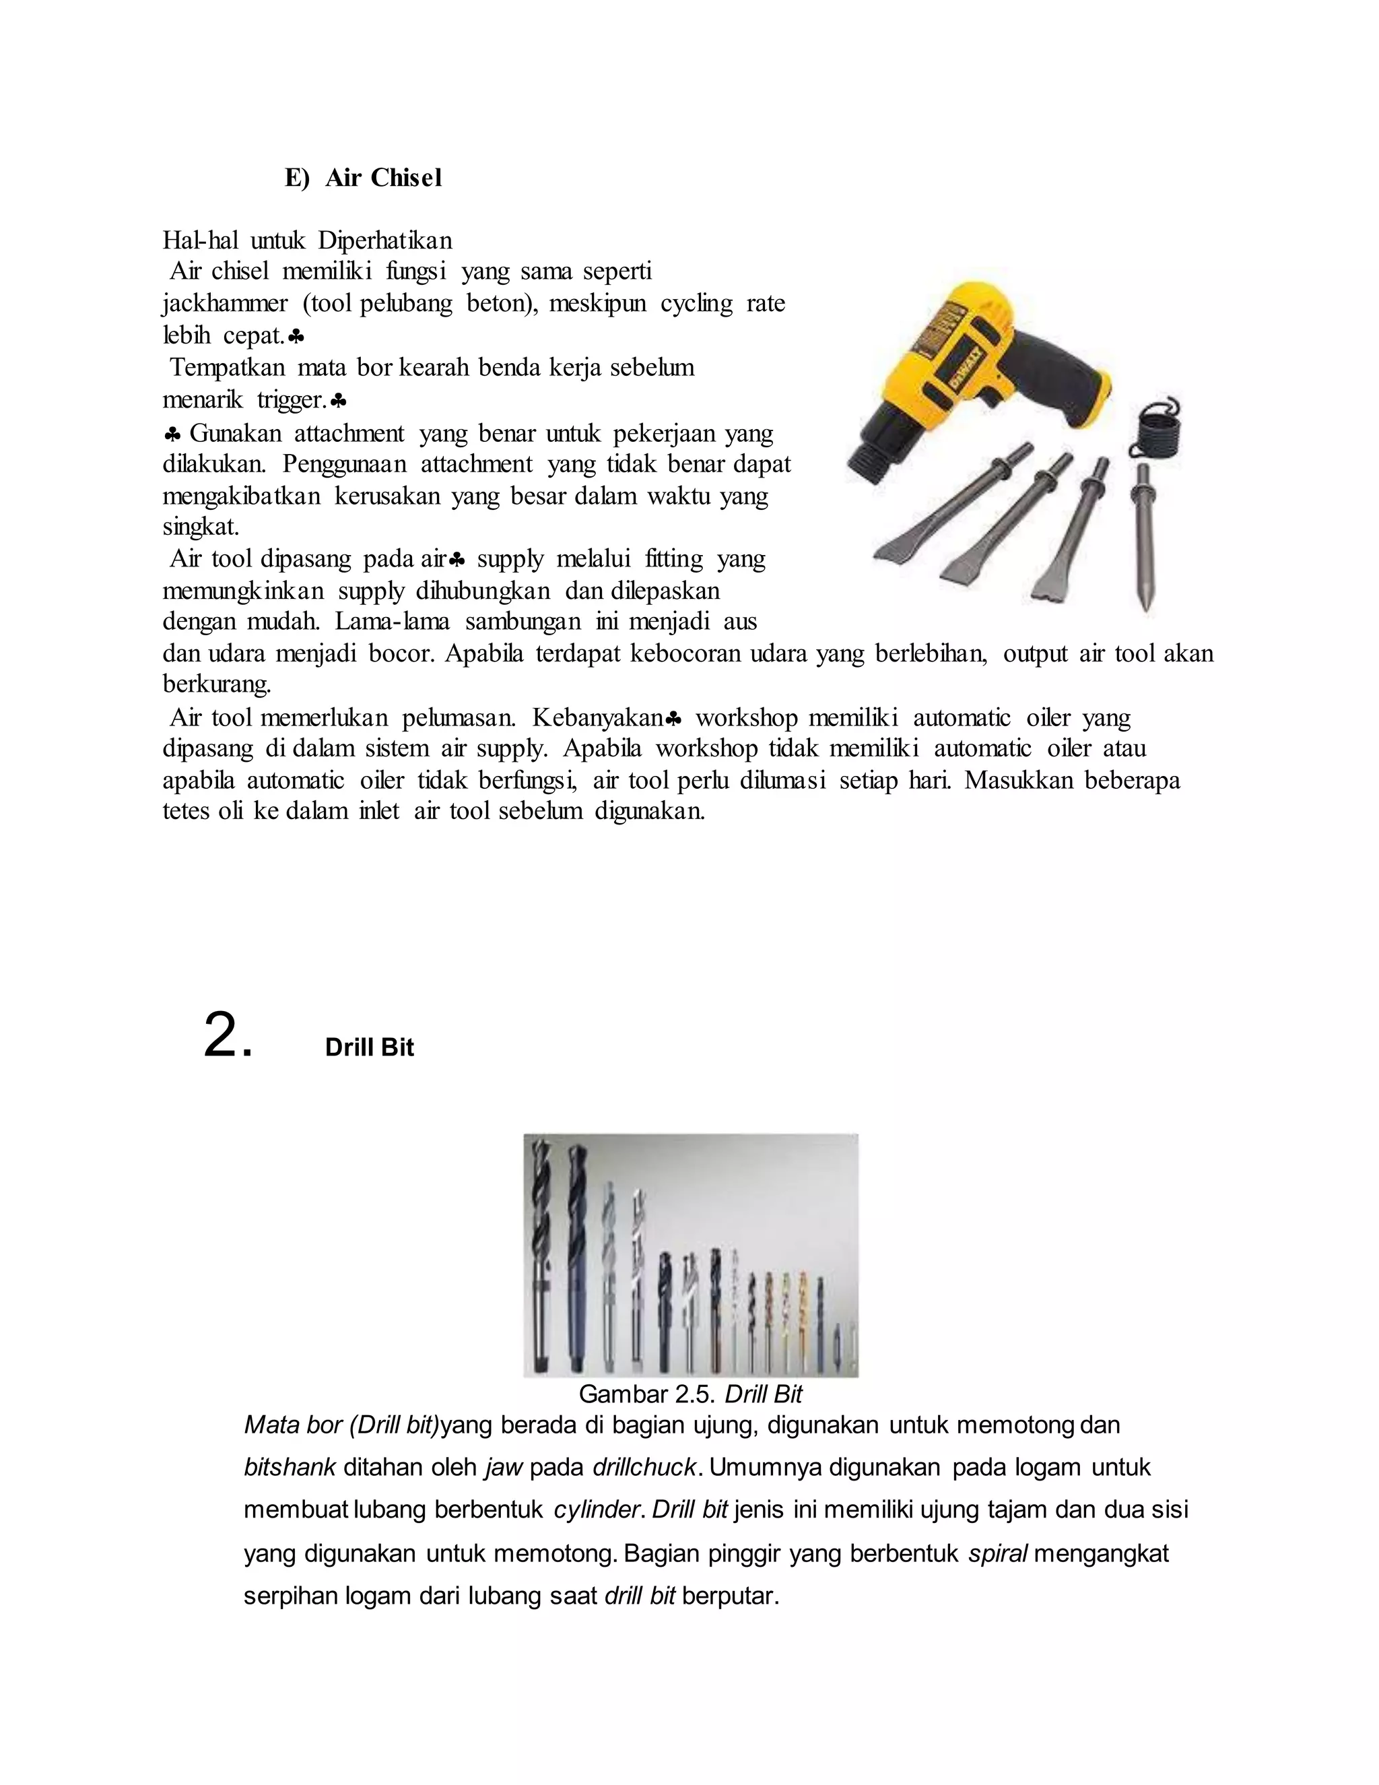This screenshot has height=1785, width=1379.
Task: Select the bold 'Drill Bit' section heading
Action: (369, 1048)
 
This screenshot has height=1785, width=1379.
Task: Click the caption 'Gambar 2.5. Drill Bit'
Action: (689, 1394)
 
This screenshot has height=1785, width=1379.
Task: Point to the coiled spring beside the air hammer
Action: (1153, 426)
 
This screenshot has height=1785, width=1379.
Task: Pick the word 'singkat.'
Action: (200, 527)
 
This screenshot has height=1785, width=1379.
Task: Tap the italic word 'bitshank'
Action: (289, 1467)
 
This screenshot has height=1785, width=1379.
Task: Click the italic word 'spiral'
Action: (997, 1553)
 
